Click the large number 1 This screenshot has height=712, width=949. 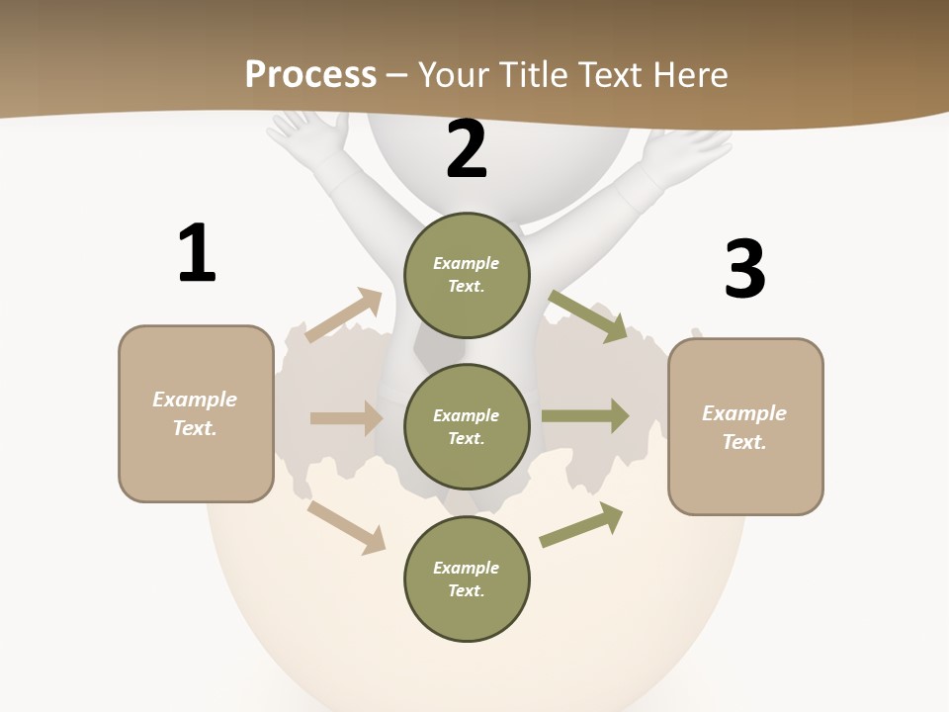pos(197,253)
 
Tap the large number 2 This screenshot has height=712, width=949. pos(467,149)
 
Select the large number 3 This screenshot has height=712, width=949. pos(744,269)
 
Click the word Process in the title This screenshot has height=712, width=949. pos(310,74)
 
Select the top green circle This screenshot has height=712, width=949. pos(467,275)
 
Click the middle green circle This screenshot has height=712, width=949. pos(467,426)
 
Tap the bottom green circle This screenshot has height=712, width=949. pos(467,578)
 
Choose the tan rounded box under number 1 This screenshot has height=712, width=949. pos(196,413)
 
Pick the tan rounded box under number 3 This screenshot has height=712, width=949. pos(745,426)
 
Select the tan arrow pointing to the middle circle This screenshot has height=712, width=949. pos(346,418)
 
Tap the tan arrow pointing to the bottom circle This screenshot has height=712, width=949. pos(346,527)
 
